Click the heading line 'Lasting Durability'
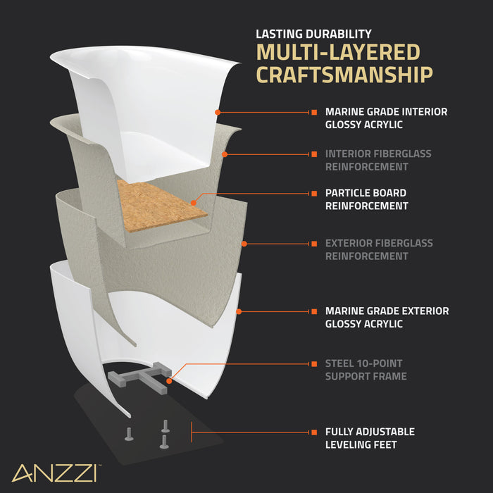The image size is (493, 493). pos(313,33)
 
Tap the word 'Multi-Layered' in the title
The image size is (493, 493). pos(338,53)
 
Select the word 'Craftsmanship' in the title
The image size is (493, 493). pos(344,75)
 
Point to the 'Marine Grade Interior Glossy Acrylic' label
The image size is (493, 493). pos(386,118)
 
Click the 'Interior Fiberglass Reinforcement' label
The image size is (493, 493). pos(378,160)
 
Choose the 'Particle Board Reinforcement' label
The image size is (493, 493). pos(366,199)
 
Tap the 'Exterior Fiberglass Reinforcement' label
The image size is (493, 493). pos(379,249)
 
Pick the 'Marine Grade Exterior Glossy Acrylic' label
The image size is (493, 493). pos(387,317)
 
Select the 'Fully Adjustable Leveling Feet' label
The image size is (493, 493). pos(370,438)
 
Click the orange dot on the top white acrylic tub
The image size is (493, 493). pos(218,112)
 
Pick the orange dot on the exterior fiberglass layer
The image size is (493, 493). pos(244,244)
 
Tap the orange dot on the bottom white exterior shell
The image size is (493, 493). pos(239,311)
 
